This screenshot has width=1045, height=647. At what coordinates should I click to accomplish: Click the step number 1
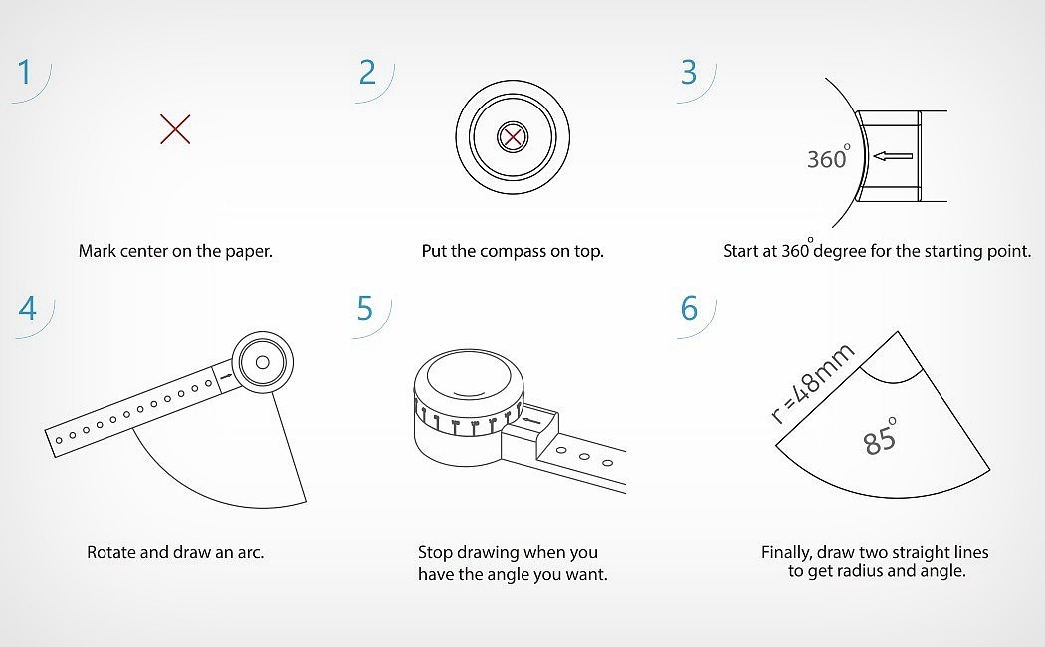[x=25, y=72]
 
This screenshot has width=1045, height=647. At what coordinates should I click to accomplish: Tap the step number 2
[x=368, y=72]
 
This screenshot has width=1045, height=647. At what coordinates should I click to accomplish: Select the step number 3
[x=689, y=72]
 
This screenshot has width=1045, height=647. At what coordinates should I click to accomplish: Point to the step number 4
[x=27, y=308]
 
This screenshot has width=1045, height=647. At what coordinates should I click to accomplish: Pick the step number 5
[x=364, y=308]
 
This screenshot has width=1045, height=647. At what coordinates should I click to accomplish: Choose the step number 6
[x=689, y=308]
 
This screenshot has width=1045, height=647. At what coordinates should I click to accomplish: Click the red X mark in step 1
[x=175, y=129]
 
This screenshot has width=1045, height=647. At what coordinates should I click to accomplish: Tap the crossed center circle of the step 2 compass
[x=513, y=138]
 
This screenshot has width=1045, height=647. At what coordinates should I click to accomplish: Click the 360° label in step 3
[x=828, y=157]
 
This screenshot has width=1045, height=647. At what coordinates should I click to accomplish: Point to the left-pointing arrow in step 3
[x=893, y=156]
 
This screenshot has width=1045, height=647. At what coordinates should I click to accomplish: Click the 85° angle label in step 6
[x=879, y=438]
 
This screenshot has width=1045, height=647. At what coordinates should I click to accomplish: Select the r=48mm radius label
[x=812, y=383]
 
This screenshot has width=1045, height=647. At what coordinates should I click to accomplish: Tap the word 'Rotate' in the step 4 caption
[x=111, y=552]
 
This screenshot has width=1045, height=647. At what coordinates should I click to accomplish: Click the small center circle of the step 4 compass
[x=263, y=362]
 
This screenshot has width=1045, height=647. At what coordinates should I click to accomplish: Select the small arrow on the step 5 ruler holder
[x=530, y=420]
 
